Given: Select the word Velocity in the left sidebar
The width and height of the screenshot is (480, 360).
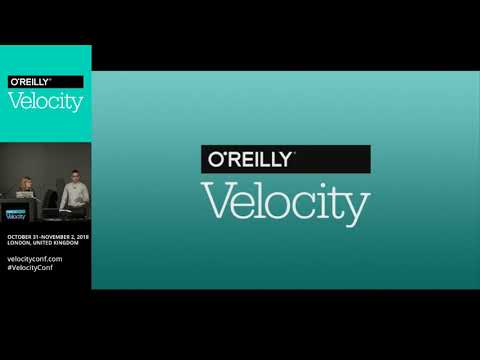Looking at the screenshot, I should [45, 101].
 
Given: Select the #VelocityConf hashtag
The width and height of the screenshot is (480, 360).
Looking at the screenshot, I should [35, 268].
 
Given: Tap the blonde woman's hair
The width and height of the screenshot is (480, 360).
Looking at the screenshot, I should [24, 181].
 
